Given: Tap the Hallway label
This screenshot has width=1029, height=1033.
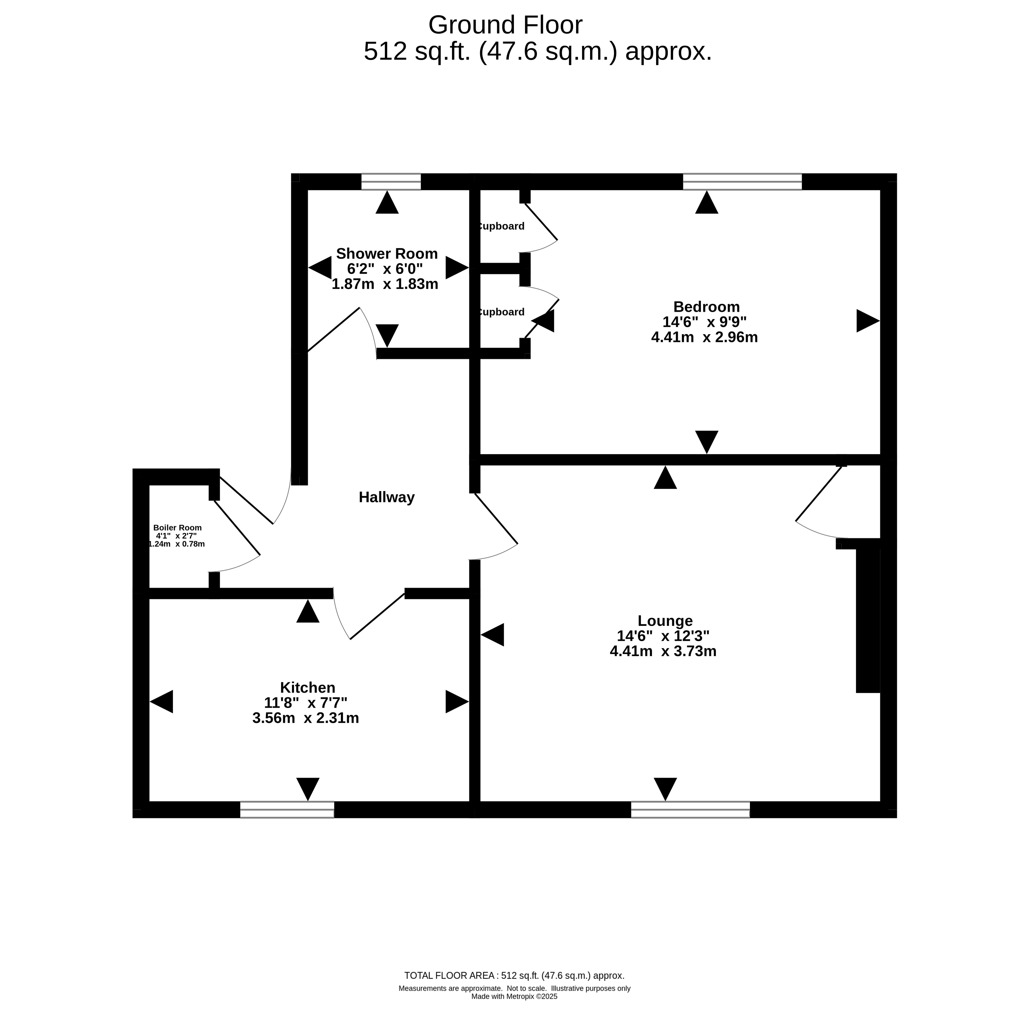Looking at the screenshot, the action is click(387, 498).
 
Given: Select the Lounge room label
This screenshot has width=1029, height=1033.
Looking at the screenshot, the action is click(665, 621).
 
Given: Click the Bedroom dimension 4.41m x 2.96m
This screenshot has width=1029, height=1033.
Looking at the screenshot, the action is click(704, 337).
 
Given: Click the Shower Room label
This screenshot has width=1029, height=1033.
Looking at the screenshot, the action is click(387, 253).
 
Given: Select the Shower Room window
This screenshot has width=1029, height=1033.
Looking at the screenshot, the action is click(391, 182).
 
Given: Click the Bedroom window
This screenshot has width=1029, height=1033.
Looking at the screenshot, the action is click(742, 182).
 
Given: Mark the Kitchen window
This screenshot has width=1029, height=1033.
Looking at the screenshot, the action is click(287, 810).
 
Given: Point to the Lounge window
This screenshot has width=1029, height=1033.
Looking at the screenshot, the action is click(690, 810).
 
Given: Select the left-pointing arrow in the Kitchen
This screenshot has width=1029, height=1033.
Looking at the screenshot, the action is click(162, 701).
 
